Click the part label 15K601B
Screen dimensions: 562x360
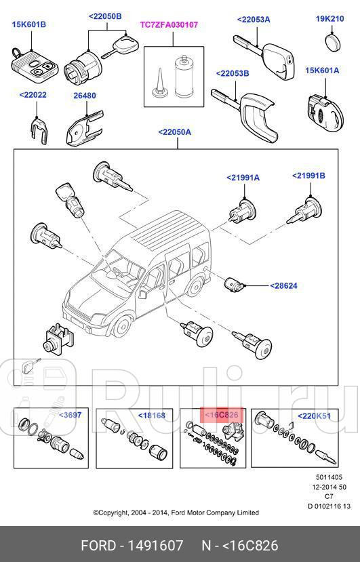tap(28, 24)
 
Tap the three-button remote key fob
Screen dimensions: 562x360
tap(28, 66)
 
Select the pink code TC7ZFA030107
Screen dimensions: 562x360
tap(168, 24)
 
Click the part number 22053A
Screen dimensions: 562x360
tap(254, 19)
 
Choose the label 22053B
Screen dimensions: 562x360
tap(233, 73)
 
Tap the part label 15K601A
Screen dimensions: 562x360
tap(322, 71)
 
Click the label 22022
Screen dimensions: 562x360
tap(33, 96)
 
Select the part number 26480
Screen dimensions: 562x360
tap(85, 96)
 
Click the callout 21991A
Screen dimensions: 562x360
tap(243, 178)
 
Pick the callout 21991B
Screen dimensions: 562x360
tap(308, 176)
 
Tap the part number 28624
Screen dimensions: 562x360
tap(283, 286)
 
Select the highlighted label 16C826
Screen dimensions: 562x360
tap(222, 414)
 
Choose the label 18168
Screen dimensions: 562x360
tap(151, 414)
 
